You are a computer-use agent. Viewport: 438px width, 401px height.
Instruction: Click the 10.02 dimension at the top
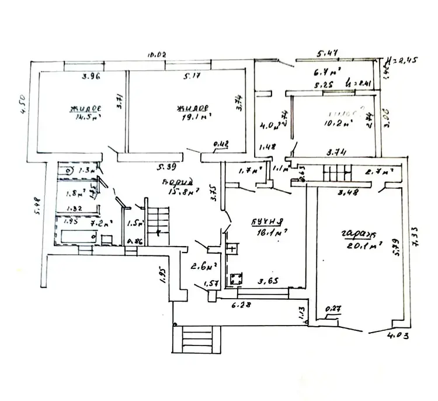click(x=158, y=54)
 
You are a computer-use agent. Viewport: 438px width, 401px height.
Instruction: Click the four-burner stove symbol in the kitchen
click(x=237, y=279)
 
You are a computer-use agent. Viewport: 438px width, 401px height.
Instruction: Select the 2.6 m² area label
click(x=204, y=268)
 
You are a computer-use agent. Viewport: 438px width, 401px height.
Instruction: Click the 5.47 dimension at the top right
click(x=328, y=54)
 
